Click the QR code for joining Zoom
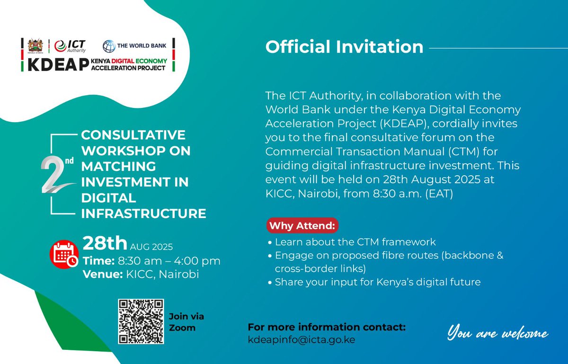141,321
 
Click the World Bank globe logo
109,46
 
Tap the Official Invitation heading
344,47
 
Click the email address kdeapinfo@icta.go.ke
302,339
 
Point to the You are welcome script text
498,334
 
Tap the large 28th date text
105,243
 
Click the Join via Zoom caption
186,322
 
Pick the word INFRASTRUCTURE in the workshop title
143,213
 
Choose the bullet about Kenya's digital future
377,282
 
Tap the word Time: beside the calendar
98,261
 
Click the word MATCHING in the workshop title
118,167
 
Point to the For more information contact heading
327,328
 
